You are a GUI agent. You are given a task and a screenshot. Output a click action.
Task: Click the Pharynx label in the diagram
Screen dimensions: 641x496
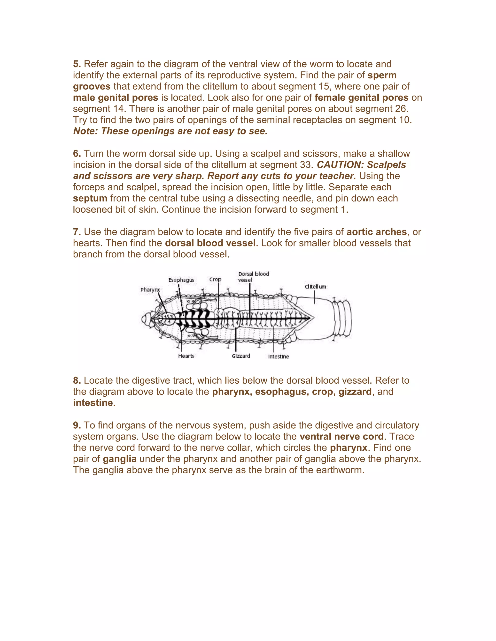coord(150,290)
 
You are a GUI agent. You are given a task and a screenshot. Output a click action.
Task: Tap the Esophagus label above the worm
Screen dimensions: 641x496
coord(181,280)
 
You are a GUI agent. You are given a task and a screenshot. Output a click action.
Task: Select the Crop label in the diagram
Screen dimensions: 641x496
coord(215,279)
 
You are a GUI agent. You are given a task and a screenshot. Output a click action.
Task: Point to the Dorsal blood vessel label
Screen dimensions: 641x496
coord(253,277)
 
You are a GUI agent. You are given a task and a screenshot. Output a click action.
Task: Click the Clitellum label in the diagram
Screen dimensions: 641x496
coord(315,286)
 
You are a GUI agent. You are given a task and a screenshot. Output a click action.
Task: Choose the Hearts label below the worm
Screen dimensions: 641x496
coord(186,356)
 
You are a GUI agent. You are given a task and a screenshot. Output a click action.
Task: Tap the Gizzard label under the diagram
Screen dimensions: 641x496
coord(241,356)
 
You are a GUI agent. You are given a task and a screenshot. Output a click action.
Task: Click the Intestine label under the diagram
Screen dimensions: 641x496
coord(278,357)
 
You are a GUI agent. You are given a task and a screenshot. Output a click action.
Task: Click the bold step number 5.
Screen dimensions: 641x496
coord(77,64)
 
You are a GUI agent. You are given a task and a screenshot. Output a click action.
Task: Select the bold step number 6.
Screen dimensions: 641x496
coord(77,154)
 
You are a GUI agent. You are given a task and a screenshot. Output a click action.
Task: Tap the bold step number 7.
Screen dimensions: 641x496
coord(77,232)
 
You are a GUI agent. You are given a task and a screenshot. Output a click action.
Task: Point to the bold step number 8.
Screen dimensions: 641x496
coord(77,380)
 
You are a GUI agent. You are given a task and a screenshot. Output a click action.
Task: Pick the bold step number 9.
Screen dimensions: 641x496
coord(77,425)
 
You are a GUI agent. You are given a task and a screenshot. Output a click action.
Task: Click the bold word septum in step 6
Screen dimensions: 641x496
coord(90,198)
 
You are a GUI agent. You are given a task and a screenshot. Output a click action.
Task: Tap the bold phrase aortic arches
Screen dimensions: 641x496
coord(376,232)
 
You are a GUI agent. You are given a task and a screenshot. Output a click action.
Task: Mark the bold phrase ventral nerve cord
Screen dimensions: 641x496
coord(341,436)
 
